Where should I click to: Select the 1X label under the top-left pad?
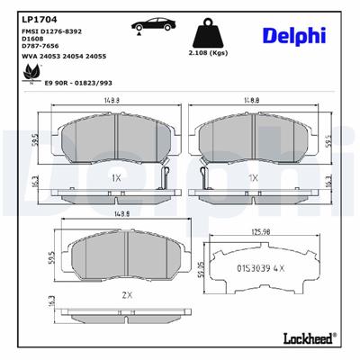117,179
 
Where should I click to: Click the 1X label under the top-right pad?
255,179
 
